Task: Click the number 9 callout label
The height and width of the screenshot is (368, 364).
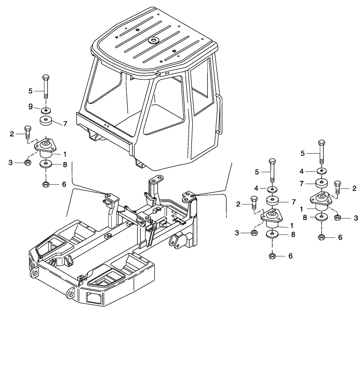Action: click(x=31, y=107)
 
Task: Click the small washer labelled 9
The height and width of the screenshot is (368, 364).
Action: click(x=46, y=110)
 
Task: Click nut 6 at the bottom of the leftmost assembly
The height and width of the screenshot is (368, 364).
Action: click(x=46, y=184)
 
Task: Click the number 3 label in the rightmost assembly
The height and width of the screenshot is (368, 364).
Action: click(x=356, y=218)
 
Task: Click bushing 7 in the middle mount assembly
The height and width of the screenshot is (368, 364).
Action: click(x=272, y=202)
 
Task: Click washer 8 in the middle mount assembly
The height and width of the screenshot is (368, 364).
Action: click(x=272, y=234)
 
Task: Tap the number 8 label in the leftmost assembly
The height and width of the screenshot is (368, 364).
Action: click(x=65, y=164)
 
